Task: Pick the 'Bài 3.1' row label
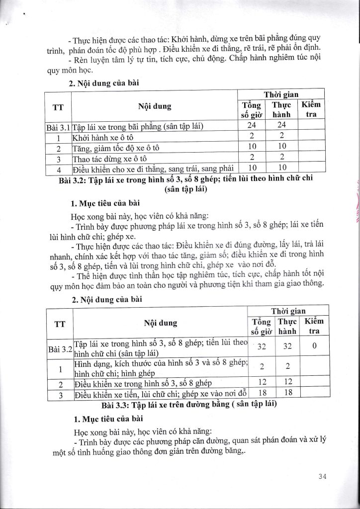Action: [x=58, y=126]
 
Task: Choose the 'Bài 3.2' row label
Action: [x=60, y=348]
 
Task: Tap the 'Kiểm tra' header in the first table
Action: [x=312, y=109]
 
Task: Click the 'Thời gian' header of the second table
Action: [x=289, y=311]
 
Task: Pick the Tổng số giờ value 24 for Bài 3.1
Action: [x=252, y=126]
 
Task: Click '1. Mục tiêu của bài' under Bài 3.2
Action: [x=104, y=203]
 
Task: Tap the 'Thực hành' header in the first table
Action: [x=281, y=109]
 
